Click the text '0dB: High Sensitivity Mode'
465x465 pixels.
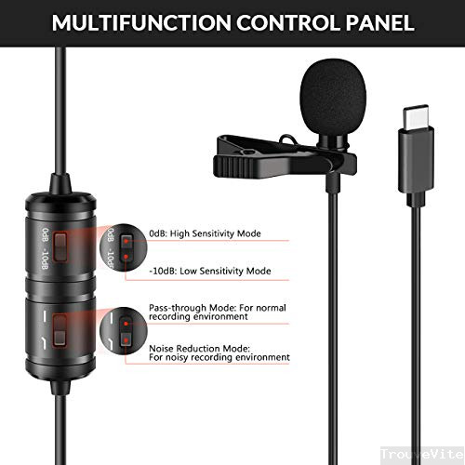pyautogui.click(x=204, y=233)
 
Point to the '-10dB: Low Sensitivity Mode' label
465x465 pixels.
pyautogui.click(x=209, y=272)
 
